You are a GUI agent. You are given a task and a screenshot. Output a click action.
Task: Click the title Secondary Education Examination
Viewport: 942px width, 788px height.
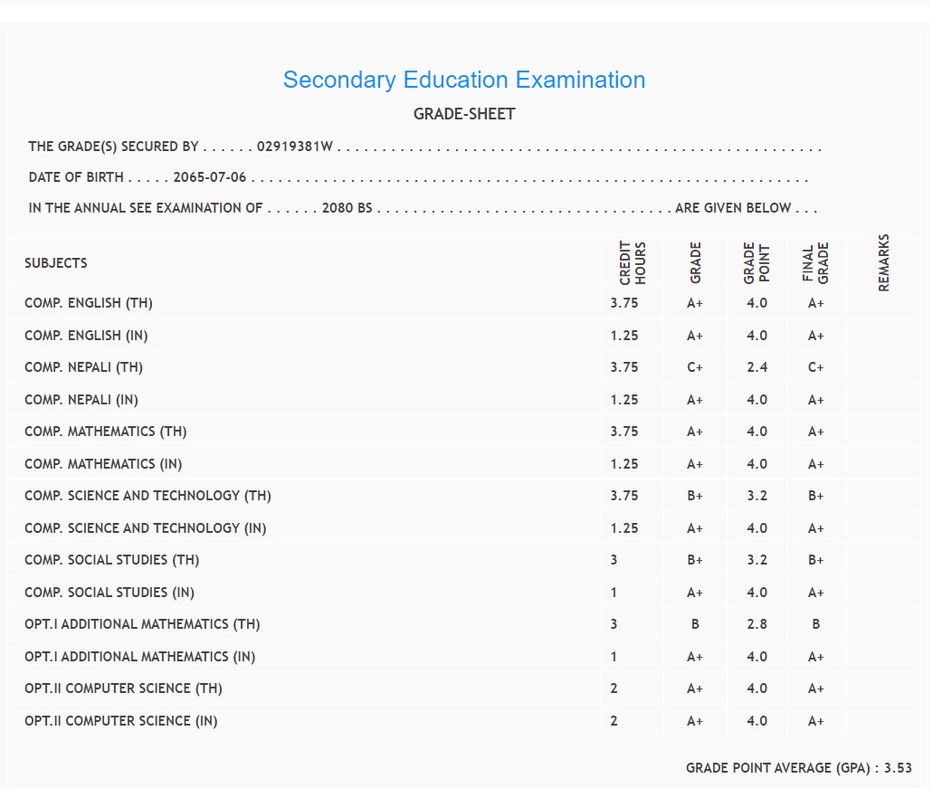[464, 80]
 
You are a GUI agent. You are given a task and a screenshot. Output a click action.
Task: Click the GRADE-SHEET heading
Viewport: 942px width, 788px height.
[464, 114]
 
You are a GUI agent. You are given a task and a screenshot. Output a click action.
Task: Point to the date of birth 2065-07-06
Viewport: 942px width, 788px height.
[210, 177]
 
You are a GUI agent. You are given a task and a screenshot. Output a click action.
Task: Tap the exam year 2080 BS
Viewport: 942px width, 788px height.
[347, 208]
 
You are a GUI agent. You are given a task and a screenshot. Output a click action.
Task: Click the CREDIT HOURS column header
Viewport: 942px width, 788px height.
[633, 262]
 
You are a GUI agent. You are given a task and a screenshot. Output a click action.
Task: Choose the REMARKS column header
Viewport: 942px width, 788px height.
[884, 262]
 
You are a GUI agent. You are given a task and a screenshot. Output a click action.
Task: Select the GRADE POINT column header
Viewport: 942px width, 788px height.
[756, 262]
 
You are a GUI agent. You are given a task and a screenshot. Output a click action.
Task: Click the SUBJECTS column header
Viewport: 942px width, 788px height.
[56, 263]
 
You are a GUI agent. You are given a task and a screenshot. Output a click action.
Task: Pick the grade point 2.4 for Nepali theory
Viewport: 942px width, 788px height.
[756, 367]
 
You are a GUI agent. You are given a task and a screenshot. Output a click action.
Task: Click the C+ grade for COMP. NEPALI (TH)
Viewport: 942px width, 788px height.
[695, 367]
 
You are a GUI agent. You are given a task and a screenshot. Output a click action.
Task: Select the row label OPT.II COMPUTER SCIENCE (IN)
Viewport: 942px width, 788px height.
[121, 721]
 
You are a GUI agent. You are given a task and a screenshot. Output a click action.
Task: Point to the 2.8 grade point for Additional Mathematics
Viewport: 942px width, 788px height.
[756, 624]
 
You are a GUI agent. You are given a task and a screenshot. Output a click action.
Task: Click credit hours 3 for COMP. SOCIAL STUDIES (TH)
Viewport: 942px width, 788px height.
[614, 560]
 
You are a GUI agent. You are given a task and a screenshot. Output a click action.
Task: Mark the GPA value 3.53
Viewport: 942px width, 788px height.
[898, 768]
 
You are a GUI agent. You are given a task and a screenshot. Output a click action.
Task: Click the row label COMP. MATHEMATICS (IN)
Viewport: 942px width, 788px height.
[103, 464]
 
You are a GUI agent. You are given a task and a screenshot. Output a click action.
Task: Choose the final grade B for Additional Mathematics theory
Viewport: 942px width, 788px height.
[816, 624]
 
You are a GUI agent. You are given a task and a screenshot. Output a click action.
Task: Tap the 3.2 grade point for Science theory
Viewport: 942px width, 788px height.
[756, 496]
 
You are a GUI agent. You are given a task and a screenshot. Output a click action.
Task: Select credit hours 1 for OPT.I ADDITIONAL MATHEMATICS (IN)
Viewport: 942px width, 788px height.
[614, 657]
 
